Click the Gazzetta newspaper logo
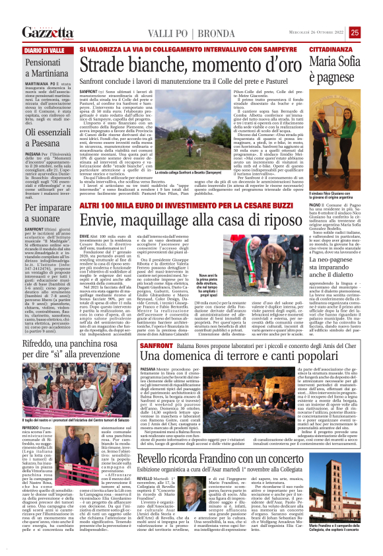[45, 32]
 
